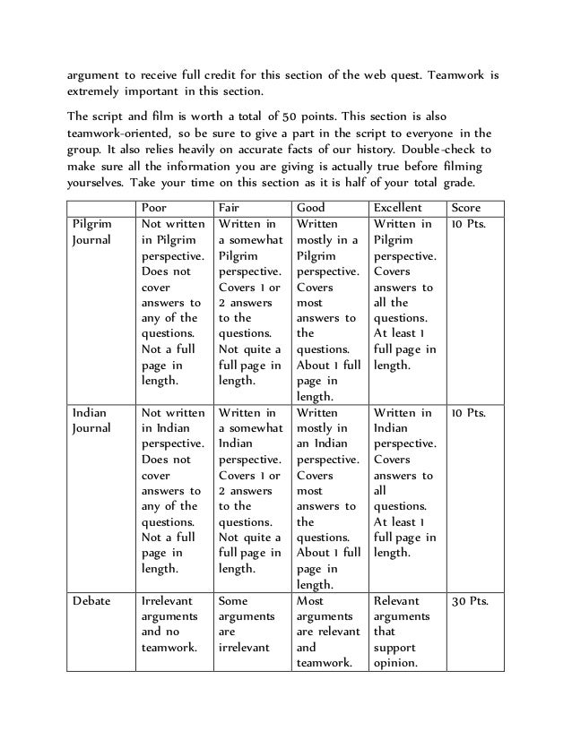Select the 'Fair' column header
point(231,207)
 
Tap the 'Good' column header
point(311,207)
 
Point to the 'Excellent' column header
point(398,207)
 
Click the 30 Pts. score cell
point(470,601)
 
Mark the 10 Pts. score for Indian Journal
point(470,413)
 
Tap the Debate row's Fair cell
point(248,624)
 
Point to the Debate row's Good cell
point(326,632)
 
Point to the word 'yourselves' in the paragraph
point(95,180)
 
